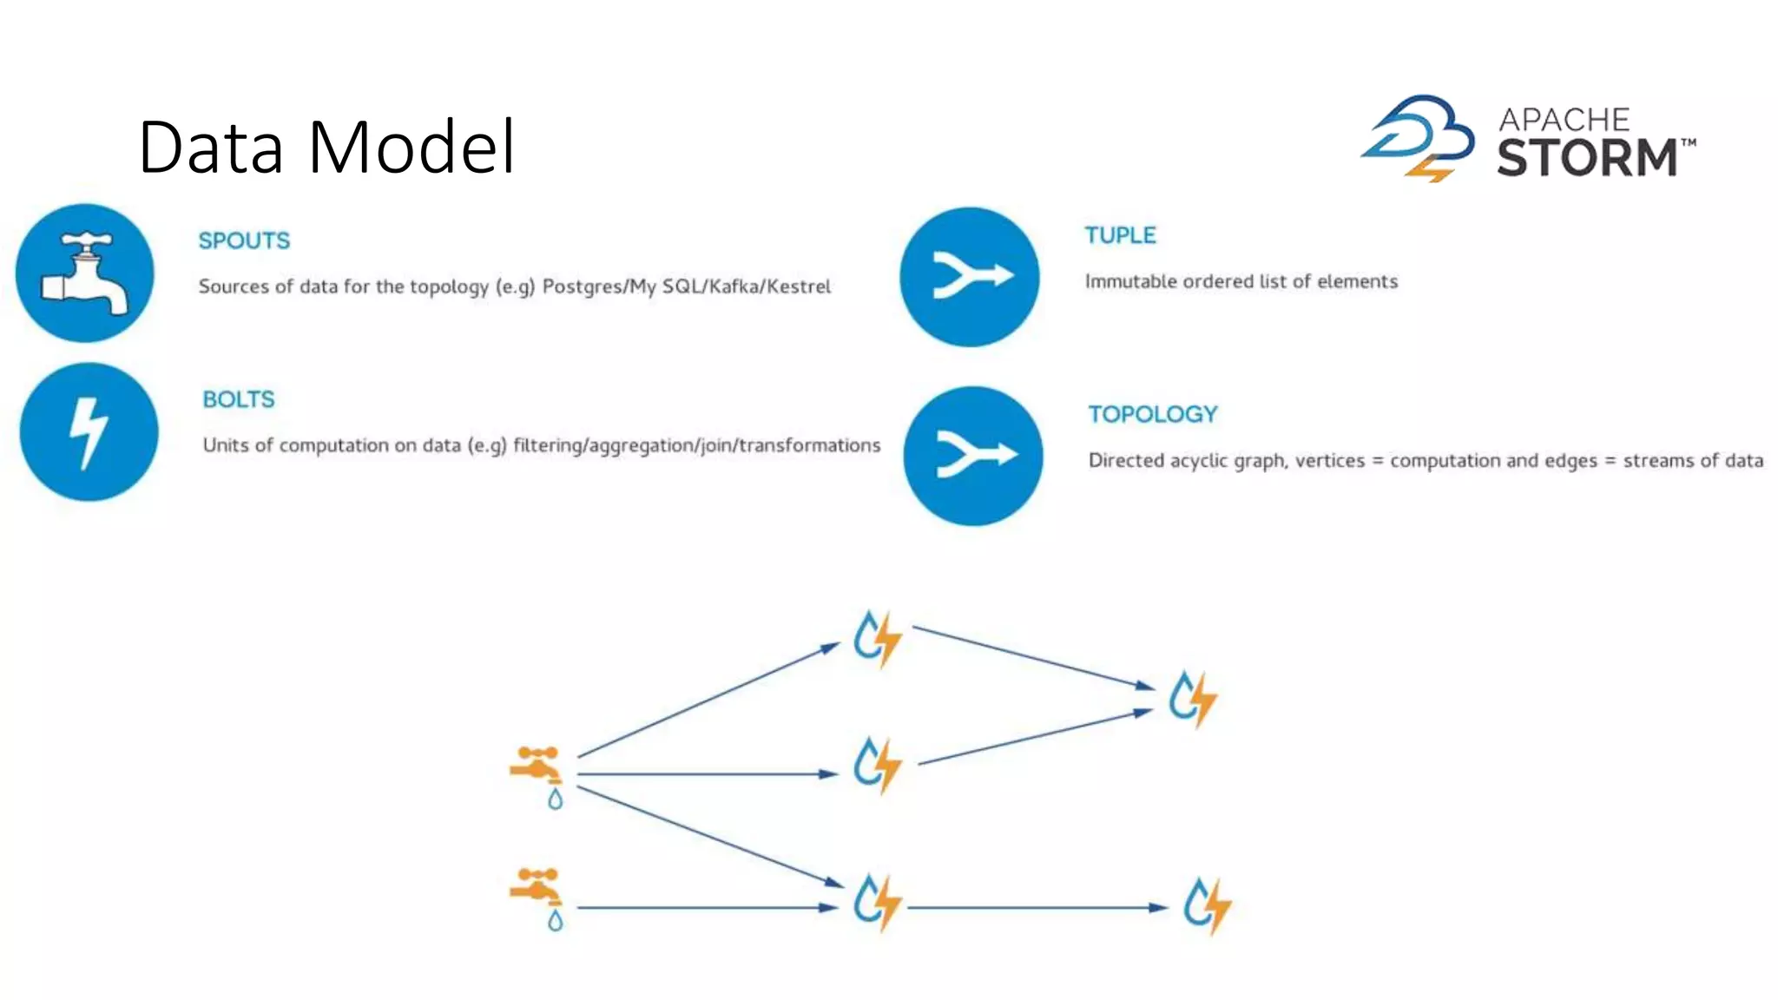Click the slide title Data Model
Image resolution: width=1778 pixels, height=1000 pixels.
point(326,148)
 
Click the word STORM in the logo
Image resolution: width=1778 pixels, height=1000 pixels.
point(1587,158)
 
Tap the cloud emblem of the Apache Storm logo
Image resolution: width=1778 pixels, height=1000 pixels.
point(1419,137)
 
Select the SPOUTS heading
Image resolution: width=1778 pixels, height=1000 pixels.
point(244,240)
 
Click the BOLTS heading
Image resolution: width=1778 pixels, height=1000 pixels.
point(239,399)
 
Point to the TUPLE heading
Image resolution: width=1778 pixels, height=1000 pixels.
point(1120,235)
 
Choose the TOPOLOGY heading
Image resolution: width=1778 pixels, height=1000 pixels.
point(1153,414)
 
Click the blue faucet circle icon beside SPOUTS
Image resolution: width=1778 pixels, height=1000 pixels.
point(85,273)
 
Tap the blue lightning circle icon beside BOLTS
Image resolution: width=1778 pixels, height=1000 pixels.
point(89,432)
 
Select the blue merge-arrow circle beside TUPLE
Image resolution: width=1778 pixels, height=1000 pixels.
point(970,277)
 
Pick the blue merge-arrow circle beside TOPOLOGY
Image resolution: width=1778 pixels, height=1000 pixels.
point(973,456)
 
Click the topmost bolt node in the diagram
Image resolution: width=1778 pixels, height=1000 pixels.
point(877,639)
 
